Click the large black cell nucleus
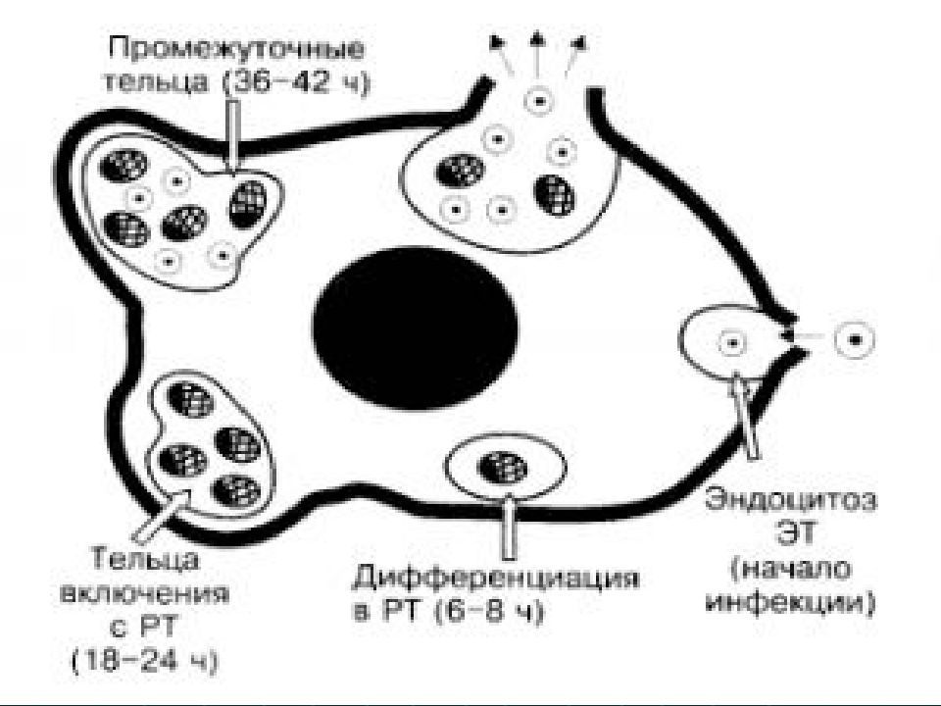click(x=416, y=328)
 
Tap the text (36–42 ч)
click(x=296, y=81)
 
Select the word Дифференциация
click(x=495, y=580)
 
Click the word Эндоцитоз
click(x=790, y=500)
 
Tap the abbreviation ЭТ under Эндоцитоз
click(x=796, y=533)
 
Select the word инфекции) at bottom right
click(x=790, y=601)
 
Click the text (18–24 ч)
click(x=144, y=661)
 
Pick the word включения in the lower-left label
click(x=146, y=595)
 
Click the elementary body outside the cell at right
click(x=855, y=340)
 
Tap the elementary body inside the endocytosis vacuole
click(x=731, y=343)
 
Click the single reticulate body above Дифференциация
click(x=502, y=469)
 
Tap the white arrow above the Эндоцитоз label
click(x=744, y=415)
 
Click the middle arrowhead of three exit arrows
click(x=536, y=39)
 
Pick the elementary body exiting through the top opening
click(x=537, y=100)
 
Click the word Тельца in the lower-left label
click(x=146, y=560)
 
